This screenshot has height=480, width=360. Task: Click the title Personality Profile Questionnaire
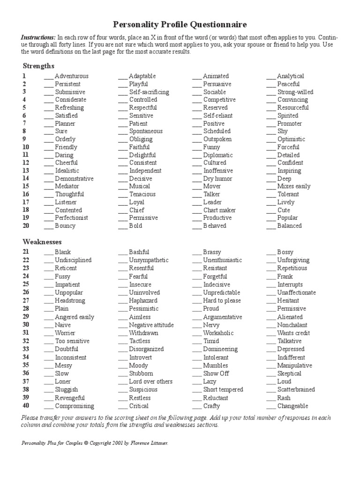pyautogui.click(x=180, y=24)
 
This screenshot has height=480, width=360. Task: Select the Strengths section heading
pyautogui.click(x=38, y=66)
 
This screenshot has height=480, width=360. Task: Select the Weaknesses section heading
pyautogui.click(x=42, y=242)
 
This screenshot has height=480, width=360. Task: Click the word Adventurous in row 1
pyautogui.click(x=71, y=76)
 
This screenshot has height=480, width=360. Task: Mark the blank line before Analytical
pyautogui.click(x=270, y=76)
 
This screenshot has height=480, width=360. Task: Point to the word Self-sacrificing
pyautogui.click(x=149, y=92)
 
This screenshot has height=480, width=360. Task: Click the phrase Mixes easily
pyautogui.click(x=293, y=186)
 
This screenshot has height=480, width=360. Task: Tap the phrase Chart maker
pyautogui.click(x=219, y=210)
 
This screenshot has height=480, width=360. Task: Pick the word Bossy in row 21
pyautogui.click(x=285, y=252)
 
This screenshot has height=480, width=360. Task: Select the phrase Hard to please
pyautogui.click(x=222, y=300)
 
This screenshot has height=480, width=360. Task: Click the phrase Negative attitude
pyautogui.click(x=151, y=325)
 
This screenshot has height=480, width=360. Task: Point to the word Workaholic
pyautogui.click(x=218, y=333)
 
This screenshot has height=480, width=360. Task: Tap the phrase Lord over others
pyautogui.click(x=150, y=382)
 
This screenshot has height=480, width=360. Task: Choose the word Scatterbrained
pyautogui.click(x=296, y=390)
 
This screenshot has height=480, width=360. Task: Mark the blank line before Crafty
pyautogui.click(x=197, y=406)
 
